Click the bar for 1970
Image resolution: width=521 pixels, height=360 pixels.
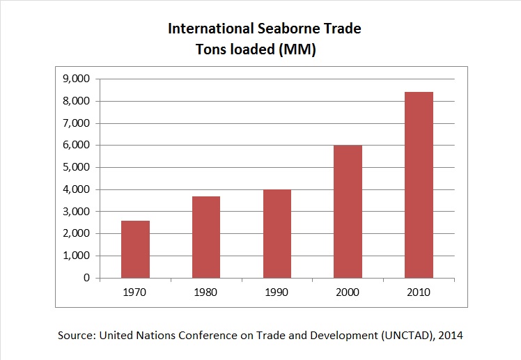[135, 249]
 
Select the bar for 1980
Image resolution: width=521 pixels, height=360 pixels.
[205, 237]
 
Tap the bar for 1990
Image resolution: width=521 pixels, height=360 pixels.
[277, 234]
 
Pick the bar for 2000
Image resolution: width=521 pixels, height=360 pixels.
[347, 212]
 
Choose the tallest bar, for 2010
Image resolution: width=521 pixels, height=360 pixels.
[418, 185]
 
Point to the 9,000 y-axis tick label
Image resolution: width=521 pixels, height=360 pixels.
[77, 79]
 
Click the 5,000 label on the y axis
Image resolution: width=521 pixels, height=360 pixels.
[77, 167]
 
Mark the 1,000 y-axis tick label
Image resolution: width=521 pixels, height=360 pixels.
[77, 256]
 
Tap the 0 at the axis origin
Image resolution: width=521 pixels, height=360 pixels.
[87, 278]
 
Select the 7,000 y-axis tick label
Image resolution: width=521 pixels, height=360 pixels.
[77, 123]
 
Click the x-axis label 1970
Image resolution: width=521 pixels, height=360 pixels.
[135, 292]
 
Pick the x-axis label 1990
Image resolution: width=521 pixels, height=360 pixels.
[277, 292]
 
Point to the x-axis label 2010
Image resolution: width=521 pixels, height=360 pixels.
[418, 292]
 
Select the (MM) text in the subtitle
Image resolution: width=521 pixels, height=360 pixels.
[300, 50]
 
